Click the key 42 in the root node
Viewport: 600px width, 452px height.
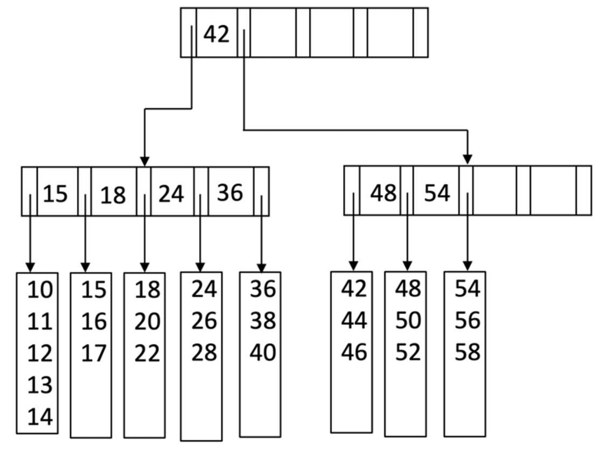217,34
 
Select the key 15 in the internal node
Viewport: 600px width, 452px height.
55,193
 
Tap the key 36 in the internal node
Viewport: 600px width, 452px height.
230,192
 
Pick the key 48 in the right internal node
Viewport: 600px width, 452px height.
383,193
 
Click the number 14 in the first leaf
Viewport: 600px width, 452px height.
41,416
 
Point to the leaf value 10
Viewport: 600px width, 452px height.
41,290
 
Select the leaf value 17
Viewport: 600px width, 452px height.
94,353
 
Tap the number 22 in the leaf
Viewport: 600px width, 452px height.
148,353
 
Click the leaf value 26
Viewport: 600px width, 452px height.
204,322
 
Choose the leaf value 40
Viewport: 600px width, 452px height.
263,353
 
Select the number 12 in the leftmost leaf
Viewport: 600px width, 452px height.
41,353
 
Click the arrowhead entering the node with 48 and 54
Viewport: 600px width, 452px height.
468,160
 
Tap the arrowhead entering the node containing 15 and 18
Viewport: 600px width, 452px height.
144,161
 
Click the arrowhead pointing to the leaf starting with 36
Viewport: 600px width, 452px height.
262,268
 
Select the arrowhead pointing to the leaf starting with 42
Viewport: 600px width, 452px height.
353,266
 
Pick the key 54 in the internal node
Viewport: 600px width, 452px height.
437,193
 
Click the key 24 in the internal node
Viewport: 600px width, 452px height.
171,193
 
